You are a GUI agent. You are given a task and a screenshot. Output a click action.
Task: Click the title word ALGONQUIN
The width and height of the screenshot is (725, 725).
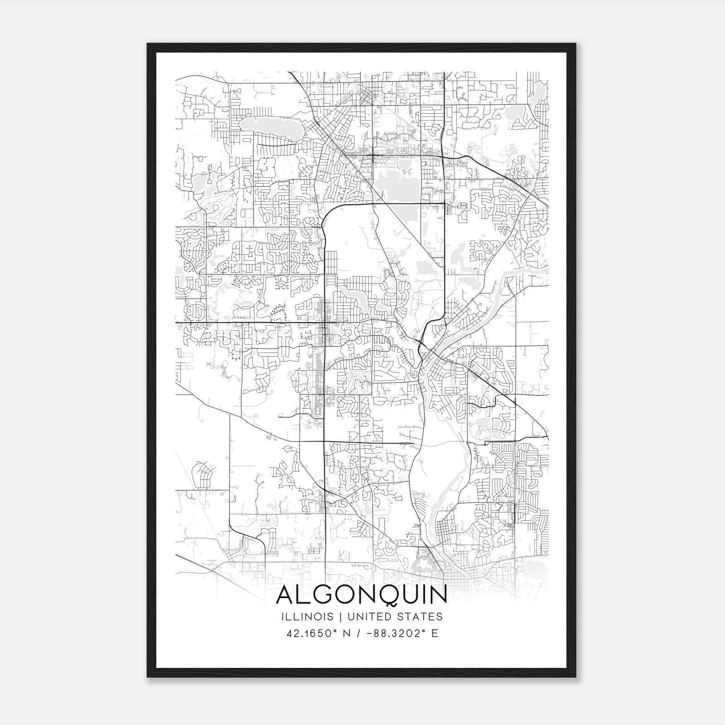361,595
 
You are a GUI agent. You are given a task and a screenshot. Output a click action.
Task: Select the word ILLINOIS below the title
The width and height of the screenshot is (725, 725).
307,617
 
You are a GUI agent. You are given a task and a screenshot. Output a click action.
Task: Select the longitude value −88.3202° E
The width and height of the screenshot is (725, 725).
399,633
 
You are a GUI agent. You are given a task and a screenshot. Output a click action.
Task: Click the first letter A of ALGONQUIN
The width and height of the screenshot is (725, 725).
286,595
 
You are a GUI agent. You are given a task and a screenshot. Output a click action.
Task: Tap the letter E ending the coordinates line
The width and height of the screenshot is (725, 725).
435,633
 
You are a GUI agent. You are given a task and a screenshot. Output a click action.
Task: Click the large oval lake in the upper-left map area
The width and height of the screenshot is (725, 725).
271,128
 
